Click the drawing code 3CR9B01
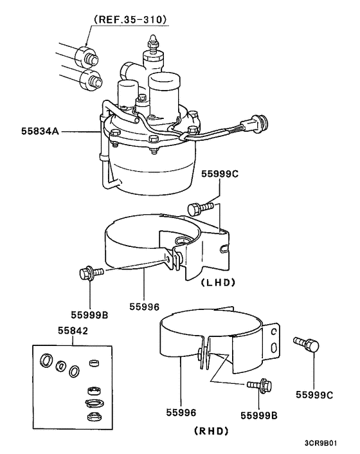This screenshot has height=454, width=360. point(328,444)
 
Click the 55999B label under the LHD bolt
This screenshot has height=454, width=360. point(92,315)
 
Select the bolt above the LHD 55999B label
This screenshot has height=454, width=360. point(89,274)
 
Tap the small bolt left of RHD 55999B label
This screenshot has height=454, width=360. point(260,386)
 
